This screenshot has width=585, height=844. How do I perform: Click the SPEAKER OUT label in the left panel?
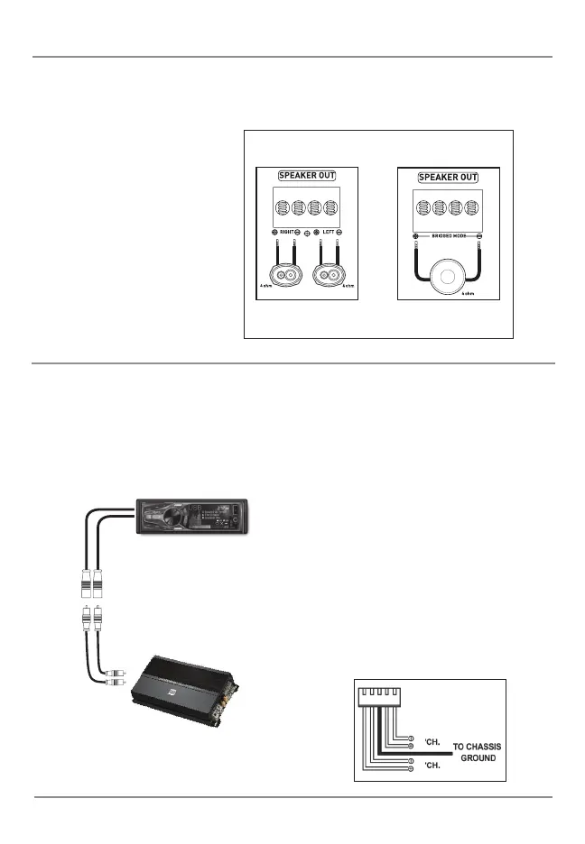pos(307,176)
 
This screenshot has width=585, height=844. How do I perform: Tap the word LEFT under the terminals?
pos(330,233)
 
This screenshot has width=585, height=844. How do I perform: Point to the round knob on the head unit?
pos(152,517)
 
